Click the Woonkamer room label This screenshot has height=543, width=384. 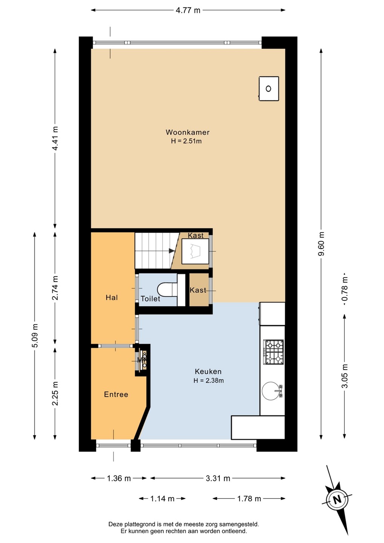tap(187, 132)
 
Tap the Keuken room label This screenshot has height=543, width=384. tap(208, 371)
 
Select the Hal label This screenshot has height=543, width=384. tap(112, 298)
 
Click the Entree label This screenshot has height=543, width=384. tap(116, 394)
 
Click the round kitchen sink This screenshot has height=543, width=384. tap(272, 391)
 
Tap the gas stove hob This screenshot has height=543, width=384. tap(273, 352)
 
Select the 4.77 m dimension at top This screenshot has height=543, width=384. tap(188, 10)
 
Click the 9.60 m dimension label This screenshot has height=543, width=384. tap(321, 244)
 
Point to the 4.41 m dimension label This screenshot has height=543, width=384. tap(55, 138)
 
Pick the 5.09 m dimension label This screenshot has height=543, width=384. tap(35, 336)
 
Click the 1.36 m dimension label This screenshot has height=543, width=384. tap(119, 478)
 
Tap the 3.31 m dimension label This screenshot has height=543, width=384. tap(218, 478)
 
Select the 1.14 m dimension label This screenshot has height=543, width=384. tap(162, 499)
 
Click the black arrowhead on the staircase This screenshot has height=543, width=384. tap(172, 251)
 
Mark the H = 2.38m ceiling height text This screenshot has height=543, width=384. tap(209, 380)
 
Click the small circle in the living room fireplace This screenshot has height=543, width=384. tap(268, 89)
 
